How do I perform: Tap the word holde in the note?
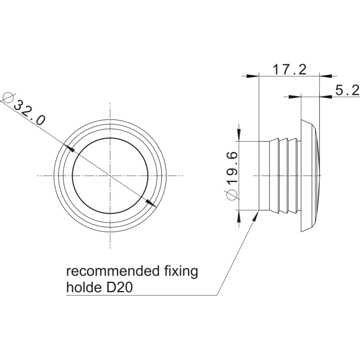[x=84, y=287]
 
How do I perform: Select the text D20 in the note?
[x=119, y=288]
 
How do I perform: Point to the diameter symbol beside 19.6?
[x=232, y=194]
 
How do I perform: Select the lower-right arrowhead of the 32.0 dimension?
[x=151, y=203]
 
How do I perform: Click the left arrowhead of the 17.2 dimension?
[x=253, y=76]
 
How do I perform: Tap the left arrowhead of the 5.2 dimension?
[x=295, y=97]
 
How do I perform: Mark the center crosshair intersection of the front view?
[x=110, y=176]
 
